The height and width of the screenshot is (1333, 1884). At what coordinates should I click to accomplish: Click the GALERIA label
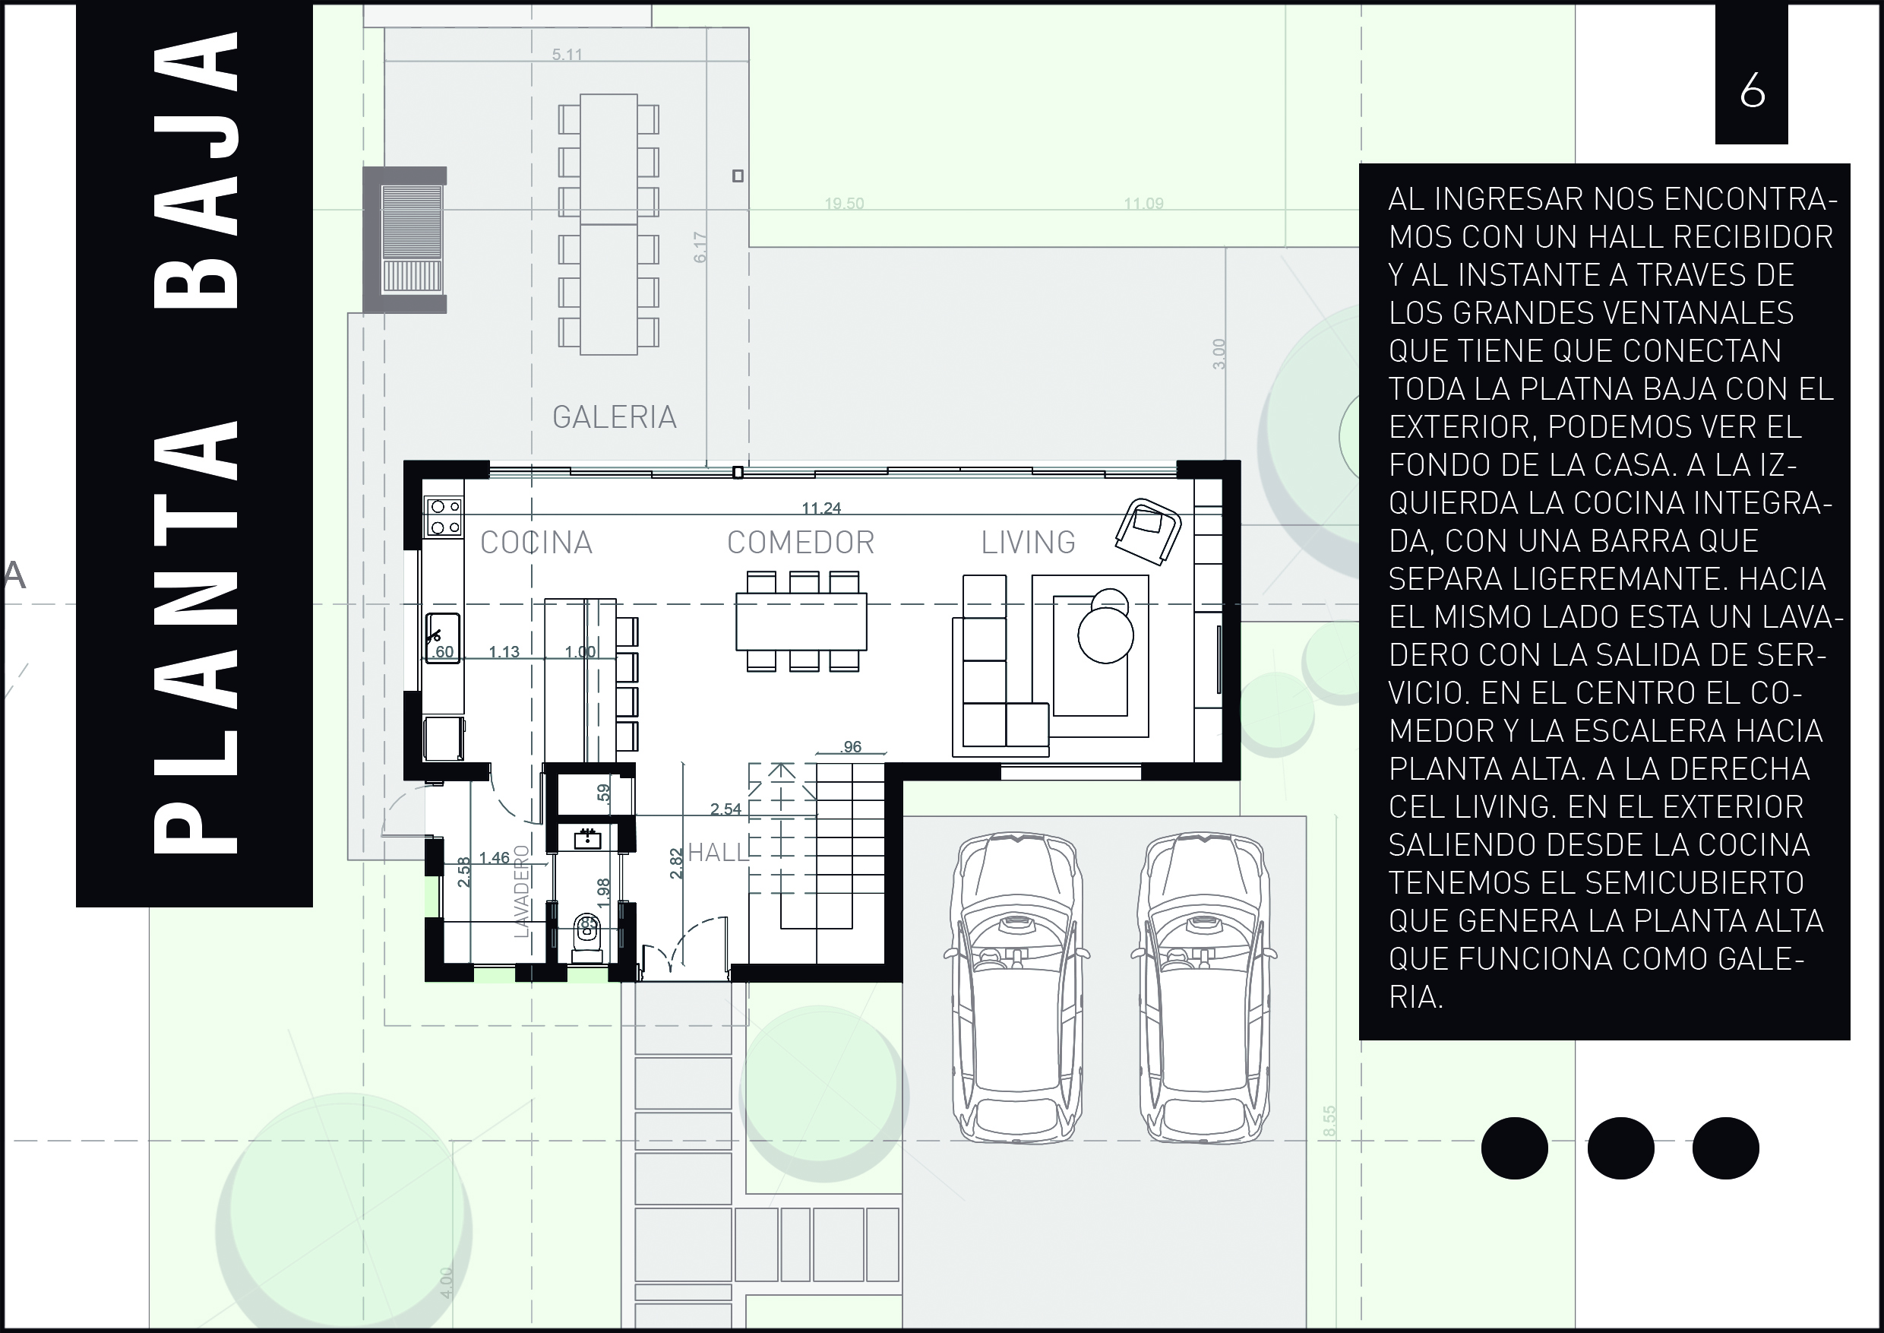[615, 417]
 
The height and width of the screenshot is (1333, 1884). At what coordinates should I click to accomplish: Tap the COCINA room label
[536, 543]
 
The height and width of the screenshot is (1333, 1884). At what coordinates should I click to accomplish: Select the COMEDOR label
[801, 543]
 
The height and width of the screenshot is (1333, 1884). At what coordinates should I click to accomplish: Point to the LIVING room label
[1028, 543]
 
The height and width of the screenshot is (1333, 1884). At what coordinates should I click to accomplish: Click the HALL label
[718, 853]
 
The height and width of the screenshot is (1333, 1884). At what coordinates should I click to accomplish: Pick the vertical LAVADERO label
[523, 891]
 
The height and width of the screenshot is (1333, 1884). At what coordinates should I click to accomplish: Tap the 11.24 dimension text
[821, 508]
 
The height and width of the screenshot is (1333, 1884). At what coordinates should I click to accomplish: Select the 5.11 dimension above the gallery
[567, 55]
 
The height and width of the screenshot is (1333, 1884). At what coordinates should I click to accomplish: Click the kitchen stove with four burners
[444, 517]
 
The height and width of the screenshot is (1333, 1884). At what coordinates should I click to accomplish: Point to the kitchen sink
[442, 638]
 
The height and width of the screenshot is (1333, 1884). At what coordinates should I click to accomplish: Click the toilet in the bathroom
[587, 935]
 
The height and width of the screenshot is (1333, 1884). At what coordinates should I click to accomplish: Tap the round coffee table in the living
[1105, 635]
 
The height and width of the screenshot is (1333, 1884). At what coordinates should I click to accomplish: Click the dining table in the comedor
[801, 622]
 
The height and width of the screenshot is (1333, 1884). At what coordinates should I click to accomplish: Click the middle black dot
[1620, 1148]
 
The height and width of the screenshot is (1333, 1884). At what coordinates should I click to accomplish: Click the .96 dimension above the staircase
[852, 746]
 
